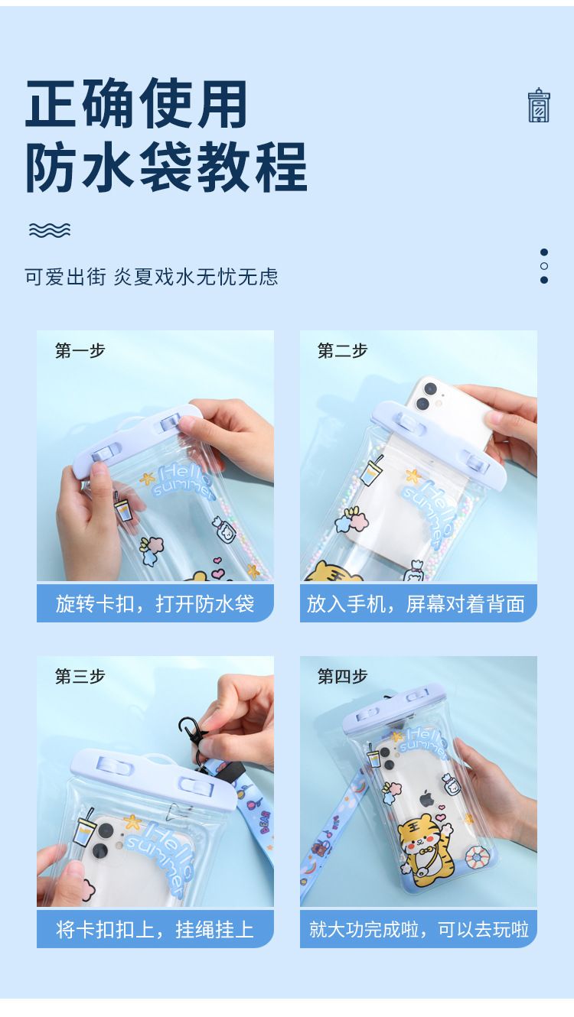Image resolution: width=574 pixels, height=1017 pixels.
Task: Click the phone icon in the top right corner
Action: pos(539,106)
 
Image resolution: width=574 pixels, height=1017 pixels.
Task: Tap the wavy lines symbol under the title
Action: pos(50,229)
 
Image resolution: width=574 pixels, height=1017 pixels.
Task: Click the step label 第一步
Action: pos(80,351)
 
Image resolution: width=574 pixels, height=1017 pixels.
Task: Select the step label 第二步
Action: pos(342,351)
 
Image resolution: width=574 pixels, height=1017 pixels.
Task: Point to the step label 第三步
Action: pos(80,676)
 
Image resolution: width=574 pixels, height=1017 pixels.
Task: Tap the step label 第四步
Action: pos(342,676)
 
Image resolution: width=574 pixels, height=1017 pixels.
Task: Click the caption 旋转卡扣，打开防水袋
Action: pos(155,604)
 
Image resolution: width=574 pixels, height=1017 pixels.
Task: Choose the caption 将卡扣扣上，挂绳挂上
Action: pos(155,929)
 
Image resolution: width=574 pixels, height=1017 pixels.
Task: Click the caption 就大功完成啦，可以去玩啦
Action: pos(419,929)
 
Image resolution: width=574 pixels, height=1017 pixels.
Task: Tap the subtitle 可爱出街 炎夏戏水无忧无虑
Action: pos(152,277)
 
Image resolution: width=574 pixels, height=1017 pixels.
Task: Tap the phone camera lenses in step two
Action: pos(426,395)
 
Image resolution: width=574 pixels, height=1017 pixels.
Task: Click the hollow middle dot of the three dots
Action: pos(544,266)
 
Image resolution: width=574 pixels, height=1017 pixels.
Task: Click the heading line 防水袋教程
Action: pos(166,167)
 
